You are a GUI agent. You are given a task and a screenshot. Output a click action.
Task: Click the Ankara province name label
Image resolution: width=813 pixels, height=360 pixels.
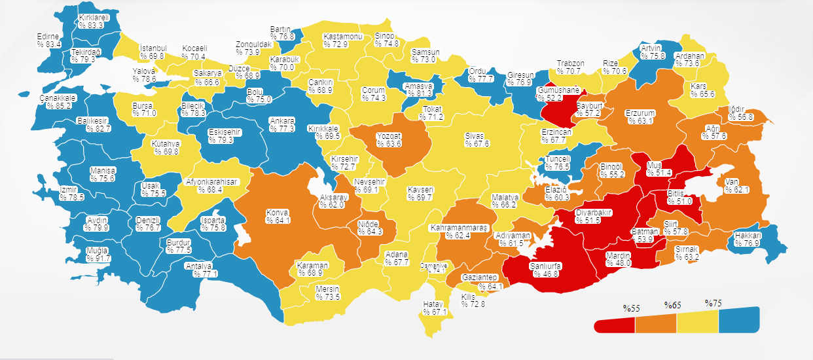283,121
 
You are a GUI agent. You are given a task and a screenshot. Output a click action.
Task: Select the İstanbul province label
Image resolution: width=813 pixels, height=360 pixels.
154,48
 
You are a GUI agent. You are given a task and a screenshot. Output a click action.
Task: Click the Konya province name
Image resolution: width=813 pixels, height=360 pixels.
277,213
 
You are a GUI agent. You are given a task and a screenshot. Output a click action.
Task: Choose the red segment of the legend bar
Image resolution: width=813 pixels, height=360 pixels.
615,325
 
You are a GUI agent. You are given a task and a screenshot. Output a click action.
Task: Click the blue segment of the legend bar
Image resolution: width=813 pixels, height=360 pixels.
738,319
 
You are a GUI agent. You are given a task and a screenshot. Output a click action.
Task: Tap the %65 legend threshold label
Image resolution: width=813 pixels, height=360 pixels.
673,306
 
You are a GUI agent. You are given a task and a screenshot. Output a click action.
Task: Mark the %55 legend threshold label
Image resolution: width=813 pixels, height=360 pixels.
631,308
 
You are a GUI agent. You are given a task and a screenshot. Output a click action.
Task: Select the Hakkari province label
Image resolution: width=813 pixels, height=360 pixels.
748,236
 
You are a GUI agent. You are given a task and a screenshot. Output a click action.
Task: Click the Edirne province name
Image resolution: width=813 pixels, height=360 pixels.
48,37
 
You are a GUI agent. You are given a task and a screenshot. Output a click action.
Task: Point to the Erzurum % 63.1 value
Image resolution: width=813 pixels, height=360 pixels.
640,121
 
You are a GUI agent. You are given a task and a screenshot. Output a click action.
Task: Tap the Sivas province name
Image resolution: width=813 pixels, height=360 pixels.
474,136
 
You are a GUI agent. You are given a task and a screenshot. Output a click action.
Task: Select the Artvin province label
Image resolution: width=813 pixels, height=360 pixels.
651,48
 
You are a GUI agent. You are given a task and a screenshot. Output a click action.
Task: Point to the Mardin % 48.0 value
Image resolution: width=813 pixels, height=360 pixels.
617,262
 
